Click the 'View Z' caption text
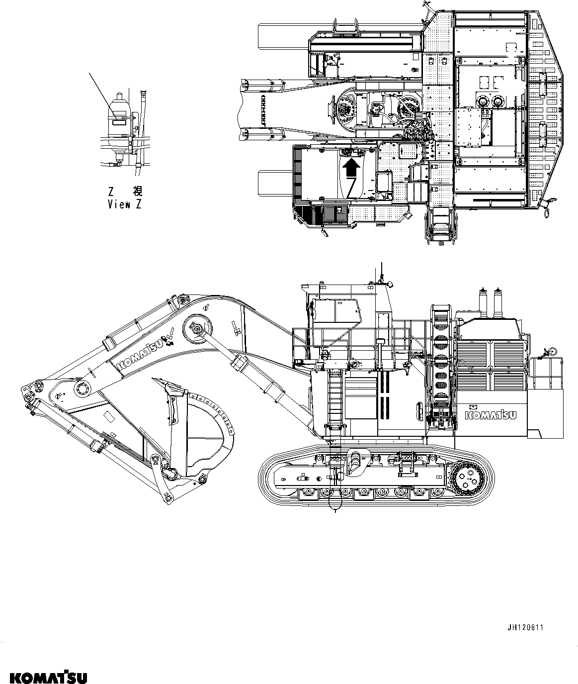pos(124,204)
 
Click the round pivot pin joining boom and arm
pos(81,388)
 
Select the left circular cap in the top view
pos(481,101)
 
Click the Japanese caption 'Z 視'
pos(124,191)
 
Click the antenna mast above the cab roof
pos(381,271)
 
